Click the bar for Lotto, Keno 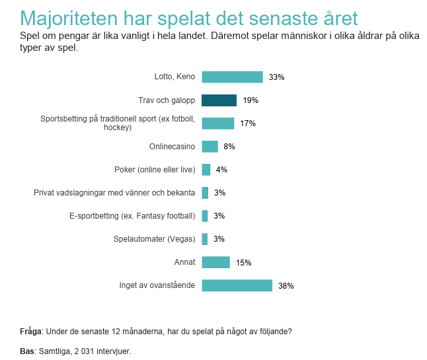[x=232, y=77]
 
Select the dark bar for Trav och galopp [x=219, y=100]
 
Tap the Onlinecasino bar [x=210, y=147]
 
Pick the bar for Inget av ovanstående [x=237, y=285]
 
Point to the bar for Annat [x=215, y=262]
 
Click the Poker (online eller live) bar [x=206, y=170]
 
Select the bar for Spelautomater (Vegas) [x=204, y=239]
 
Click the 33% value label [x=276, y=77]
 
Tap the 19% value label [x=251, y=100]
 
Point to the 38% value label [x=286, y=286]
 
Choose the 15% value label [x=243, y=263]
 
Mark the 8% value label [x=229, y=147]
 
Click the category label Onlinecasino [x=172, y=147]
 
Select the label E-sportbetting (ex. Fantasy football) [x=132, y=216]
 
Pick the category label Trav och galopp [x=167, y=100]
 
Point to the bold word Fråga [x=31, y=332]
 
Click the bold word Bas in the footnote [x=26, y=351]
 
